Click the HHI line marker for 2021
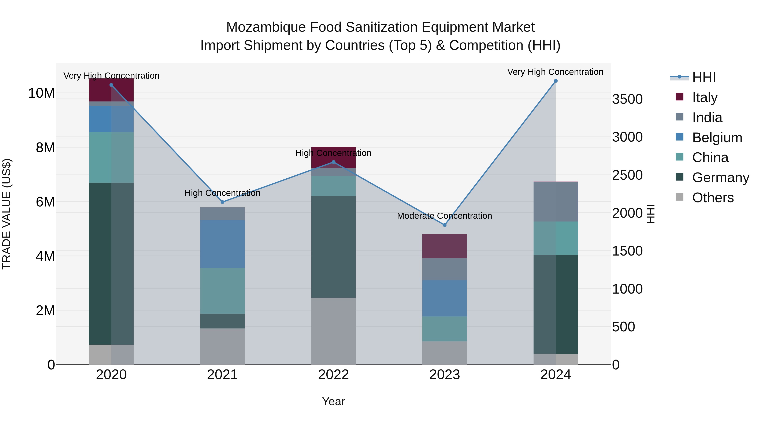[222, 202]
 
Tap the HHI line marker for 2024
[556, 81]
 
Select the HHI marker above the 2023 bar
[445, 225]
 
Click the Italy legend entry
[705, 97]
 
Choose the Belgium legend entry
[717, 138]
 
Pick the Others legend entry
[713, 198]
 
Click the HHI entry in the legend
[704, 77]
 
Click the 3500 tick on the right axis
[627, 99]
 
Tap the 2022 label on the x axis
[334, 375]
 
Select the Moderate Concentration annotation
[444, 216]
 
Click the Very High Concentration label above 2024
[555, 72]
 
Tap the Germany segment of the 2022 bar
[334, 247]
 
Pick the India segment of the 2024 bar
[556, 202]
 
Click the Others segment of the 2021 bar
[222, 346]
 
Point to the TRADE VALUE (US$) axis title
[7, 214]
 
